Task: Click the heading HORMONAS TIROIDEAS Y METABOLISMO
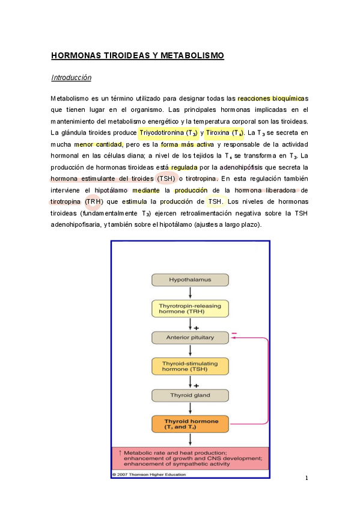click(137, 56)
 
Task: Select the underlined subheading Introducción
click(71, 78)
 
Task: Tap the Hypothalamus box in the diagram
click(190, 280)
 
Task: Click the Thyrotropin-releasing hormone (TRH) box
click(190, 309)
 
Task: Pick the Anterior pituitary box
click(190, 337)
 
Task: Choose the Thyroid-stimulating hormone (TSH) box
click(190, 366)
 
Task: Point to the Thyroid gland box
click(190, 395)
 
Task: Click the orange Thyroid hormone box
click(190, 423)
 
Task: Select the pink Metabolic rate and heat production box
click(190, 458)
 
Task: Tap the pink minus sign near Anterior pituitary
click(234, 333)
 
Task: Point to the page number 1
click(307, 478)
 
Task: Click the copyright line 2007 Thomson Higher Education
click(150, 475)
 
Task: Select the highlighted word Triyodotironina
click(161, 132)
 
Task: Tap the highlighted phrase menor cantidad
click(99, 144)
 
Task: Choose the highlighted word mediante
click(147, 190)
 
